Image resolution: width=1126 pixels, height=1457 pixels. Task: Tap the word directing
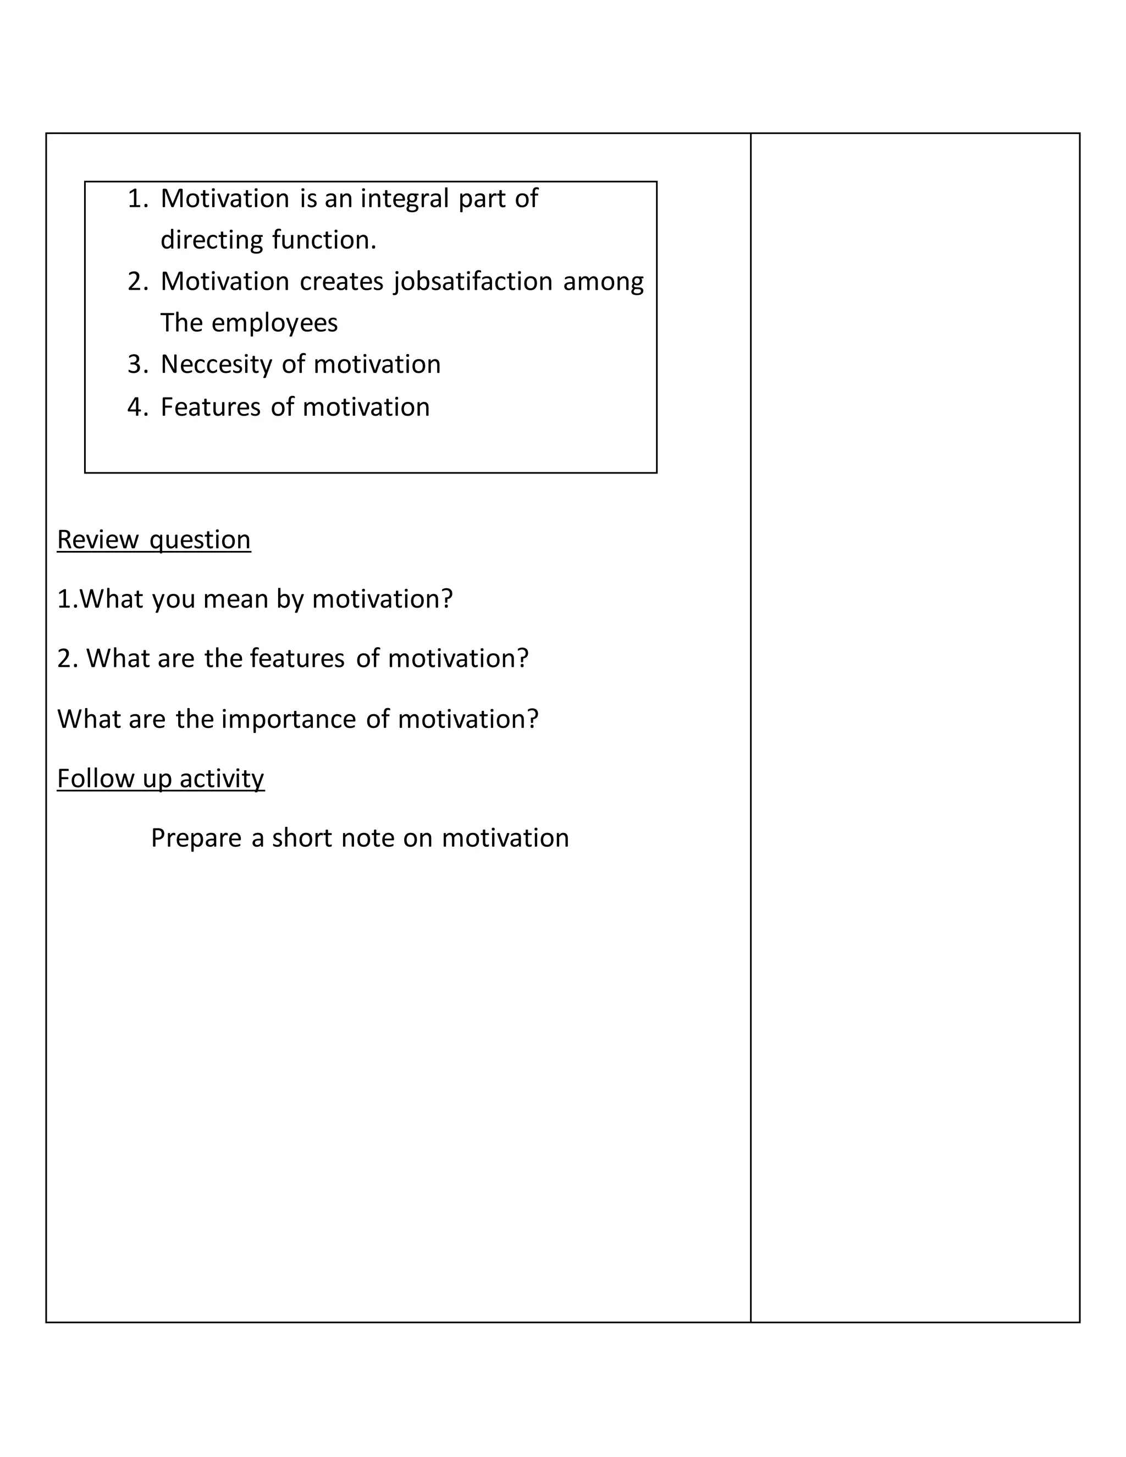pyautogui.click(x=212, y=240)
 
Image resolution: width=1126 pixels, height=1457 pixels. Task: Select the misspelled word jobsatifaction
pyautogui.click(x=473, y=282)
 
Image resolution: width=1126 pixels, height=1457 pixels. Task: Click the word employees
pyautogui.click(x=274, y=323)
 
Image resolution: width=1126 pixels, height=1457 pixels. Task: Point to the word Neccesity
pyautogui.click(x=216, y=364)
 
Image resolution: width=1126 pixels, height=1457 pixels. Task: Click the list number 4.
pyautogui.click(x=137, y=407)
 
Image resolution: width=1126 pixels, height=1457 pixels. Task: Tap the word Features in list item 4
pyautogui.click(x=210, y=407)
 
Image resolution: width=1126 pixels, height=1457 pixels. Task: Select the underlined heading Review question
pyautogui.click(x=153, y=540)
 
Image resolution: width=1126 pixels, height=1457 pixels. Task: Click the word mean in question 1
pyautogui.click(x=235, y=599)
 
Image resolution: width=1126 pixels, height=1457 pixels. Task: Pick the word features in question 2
pyautogui.click(x=297, y=659)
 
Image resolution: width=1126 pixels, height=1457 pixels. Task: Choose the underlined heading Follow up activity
pyautogui.click(x=160, y=779)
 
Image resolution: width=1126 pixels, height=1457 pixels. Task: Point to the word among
pyautogui.click(x=603, y=282)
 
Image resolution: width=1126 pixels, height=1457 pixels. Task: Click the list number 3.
pyautogui.click(x=137, y=364)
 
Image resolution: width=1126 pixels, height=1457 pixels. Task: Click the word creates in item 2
pyautogui.click(x=341, y=282)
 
